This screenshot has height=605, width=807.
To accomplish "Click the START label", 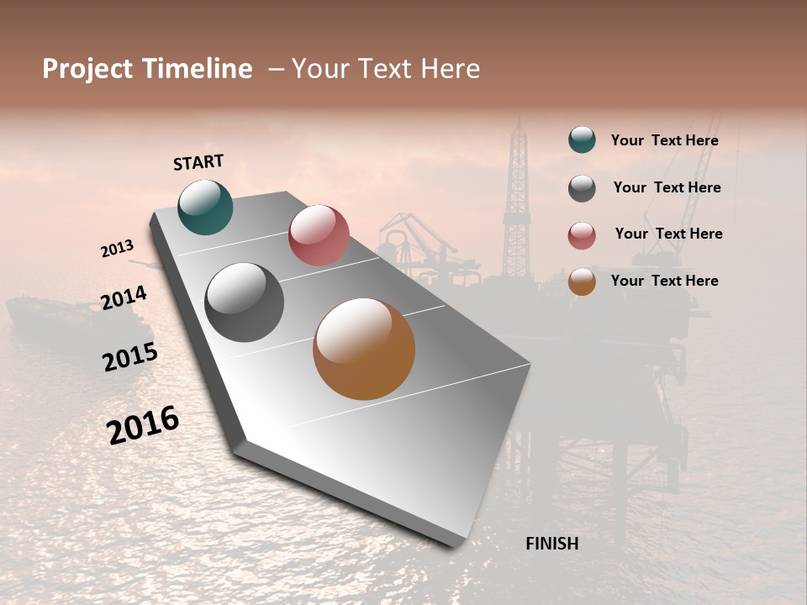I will click(x=198, y=162).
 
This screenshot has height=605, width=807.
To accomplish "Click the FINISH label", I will click(x=551, y=544).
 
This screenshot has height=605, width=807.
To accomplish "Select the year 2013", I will click(x=117, y=249).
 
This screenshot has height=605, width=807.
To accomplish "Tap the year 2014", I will click(x=124, y=297).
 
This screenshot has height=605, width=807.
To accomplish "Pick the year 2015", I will click(x=129, y=357).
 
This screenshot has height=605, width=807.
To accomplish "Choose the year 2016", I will click(x=143, y=425).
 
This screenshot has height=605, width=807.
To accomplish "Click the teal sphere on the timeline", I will click(x=205, y=207).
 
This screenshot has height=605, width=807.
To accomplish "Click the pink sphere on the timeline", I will click(x=319, y=235).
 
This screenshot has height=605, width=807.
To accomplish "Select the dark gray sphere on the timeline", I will click(x=244, y=302).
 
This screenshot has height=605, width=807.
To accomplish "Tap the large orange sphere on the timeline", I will click(x=364, y=349).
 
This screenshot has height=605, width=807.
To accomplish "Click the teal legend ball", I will click(x=582, y=139).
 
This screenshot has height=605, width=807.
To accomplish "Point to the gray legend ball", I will click(x=582, y=188).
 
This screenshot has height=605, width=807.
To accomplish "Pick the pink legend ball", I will click(x=582, y=235).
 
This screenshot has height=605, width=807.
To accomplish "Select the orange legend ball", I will click(x=582, y=281).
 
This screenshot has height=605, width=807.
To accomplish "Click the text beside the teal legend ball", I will click(x=664, y=140).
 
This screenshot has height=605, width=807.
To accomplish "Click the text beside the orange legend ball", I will click(x=664, y=281).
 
